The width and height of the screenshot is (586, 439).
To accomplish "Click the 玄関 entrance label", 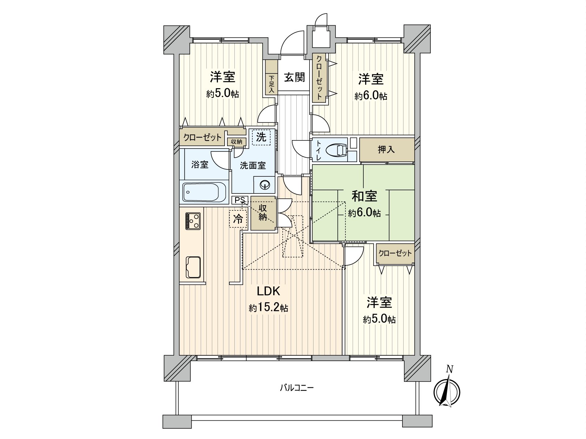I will point(294,78).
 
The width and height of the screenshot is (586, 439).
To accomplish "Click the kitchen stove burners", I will point(193,221).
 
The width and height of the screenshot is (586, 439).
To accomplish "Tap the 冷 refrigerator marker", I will point(238,219).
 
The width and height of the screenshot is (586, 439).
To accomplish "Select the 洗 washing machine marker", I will point(261,137).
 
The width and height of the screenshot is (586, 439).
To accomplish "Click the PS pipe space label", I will point(240,200).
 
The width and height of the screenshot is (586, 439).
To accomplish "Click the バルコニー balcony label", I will point(297,388).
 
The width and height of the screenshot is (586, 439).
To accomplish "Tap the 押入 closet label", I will point(386,149).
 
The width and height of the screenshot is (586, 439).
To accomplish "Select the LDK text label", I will point(268,291).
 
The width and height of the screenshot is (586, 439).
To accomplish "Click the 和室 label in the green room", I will point(364,196).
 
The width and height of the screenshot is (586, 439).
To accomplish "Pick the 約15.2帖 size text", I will point(268,308).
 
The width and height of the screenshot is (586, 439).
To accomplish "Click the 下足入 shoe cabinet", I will point(271,85).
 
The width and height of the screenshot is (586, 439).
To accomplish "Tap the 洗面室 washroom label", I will point(253,165).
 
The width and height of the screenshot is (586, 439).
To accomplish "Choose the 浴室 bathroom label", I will point(200,165).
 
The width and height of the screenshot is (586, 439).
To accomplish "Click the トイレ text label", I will point(318,150).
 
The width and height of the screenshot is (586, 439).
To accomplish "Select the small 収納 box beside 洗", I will point(236,142).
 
